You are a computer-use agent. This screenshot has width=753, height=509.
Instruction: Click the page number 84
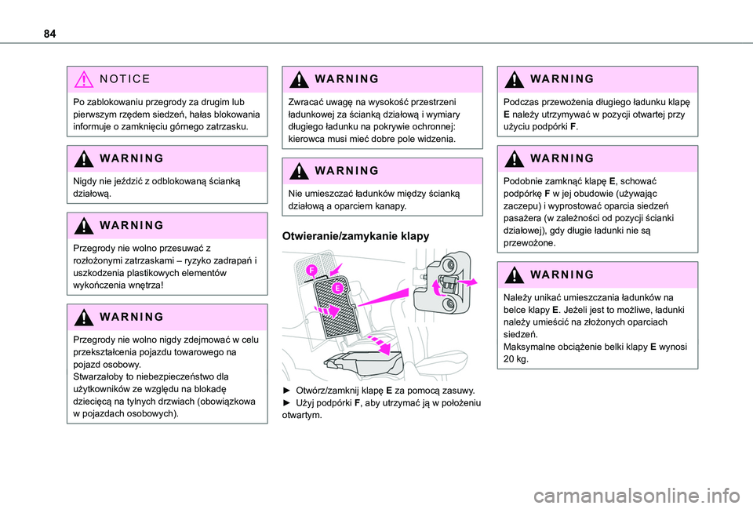point(49,34)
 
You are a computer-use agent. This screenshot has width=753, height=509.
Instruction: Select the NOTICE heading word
point(125,78)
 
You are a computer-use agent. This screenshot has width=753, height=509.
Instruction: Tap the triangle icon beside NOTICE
point(84,78)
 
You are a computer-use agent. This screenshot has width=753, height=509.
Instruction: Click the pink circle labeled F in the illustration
point(311,271)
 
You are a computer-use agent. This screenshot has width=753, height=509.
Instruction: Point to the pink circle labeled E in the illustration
point(337,288)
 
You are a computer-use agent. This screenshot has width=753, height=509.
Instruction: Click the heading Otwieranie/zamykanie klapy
point(355,236)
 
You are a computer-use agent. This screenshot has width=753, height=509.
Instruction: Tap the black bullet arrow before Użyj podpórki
point(287,403)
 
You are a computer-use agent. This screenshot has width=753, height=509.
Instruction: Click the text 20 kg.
point(516,359)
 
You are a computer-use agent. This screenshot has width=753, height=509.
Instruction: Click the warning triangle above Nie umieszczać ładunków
point(299,171)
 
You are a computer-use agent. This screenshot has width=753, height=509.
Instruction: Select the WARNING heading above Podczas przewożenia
point(562,78)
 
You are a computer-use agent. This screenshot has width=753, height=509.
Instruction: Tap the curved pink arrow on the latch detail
point(437,289)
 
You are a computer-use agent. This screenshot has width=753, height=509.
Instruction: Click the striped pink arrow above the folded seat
point(380,346)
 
